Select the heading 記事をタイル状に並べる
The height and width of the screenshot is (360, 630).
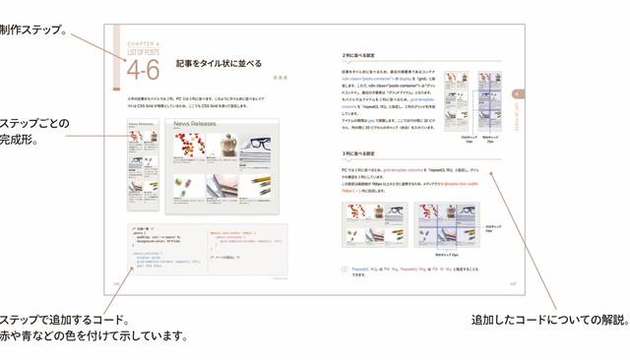point(219,63)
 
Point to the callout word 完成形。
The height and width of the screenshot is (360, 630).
point(19,141)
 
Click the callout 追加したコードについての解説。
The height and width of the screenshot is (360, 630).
point(548,320)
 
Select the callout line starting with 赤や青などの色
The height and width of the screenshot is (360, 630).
point(94,335)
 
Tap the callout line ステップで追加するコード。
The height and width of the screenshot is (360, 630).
point(64,320)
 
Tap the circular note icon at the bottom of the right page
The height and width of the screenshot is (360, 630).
point(344,268)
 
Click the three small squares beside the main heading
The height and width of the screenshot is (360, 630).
point(280,76)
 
